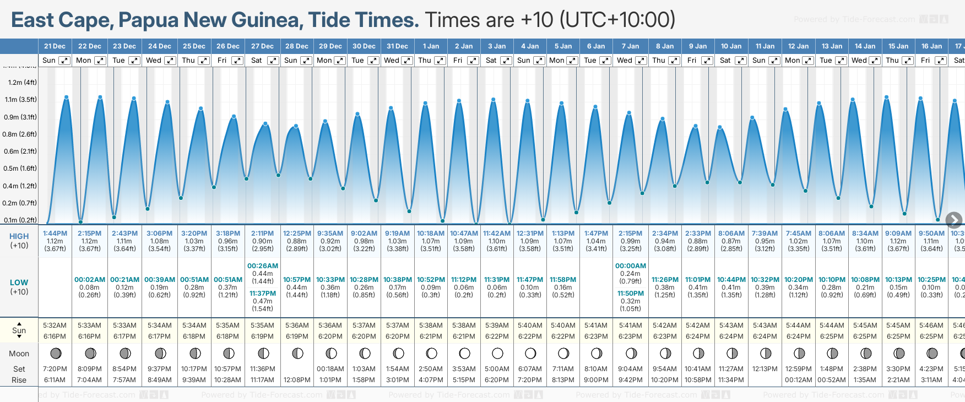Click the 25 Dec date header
[x=194, y=46]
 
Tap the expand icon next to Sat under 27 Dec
[x=273, y=61]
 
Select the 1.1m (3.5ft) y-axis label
[x=21, y=100]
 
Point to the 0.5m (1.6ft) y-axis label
[x=21, y=169]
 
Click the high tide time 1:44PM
[x=55, y=233]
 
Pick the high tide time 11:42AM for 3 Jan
[x=496, y=233]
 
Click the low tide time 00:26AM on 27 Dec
[x=263, y=266]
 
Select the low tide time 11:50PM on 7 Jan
[x=630, y=294]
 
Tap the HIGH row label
[x=19, y=236]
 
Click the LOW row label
[x=19, y=283]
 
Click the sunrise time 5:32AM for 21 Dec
[x=55, y=325]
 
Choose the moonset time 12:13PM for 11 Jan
[x=765, y=369]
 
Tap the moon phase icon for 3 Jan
[x=497, y=353]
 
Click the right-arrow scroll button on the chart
[x=954, y=220]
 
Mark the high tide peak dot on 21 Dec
[x=66, y=97]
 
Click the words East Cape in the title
[x=62, y=20]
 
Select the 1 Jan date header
[x=431, y=46]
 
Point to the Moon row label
[x=19, y=354]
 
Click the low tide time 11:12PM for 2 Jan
[x=463, y=280]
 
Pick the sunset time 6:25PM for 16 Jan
[x=931, y=336]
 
